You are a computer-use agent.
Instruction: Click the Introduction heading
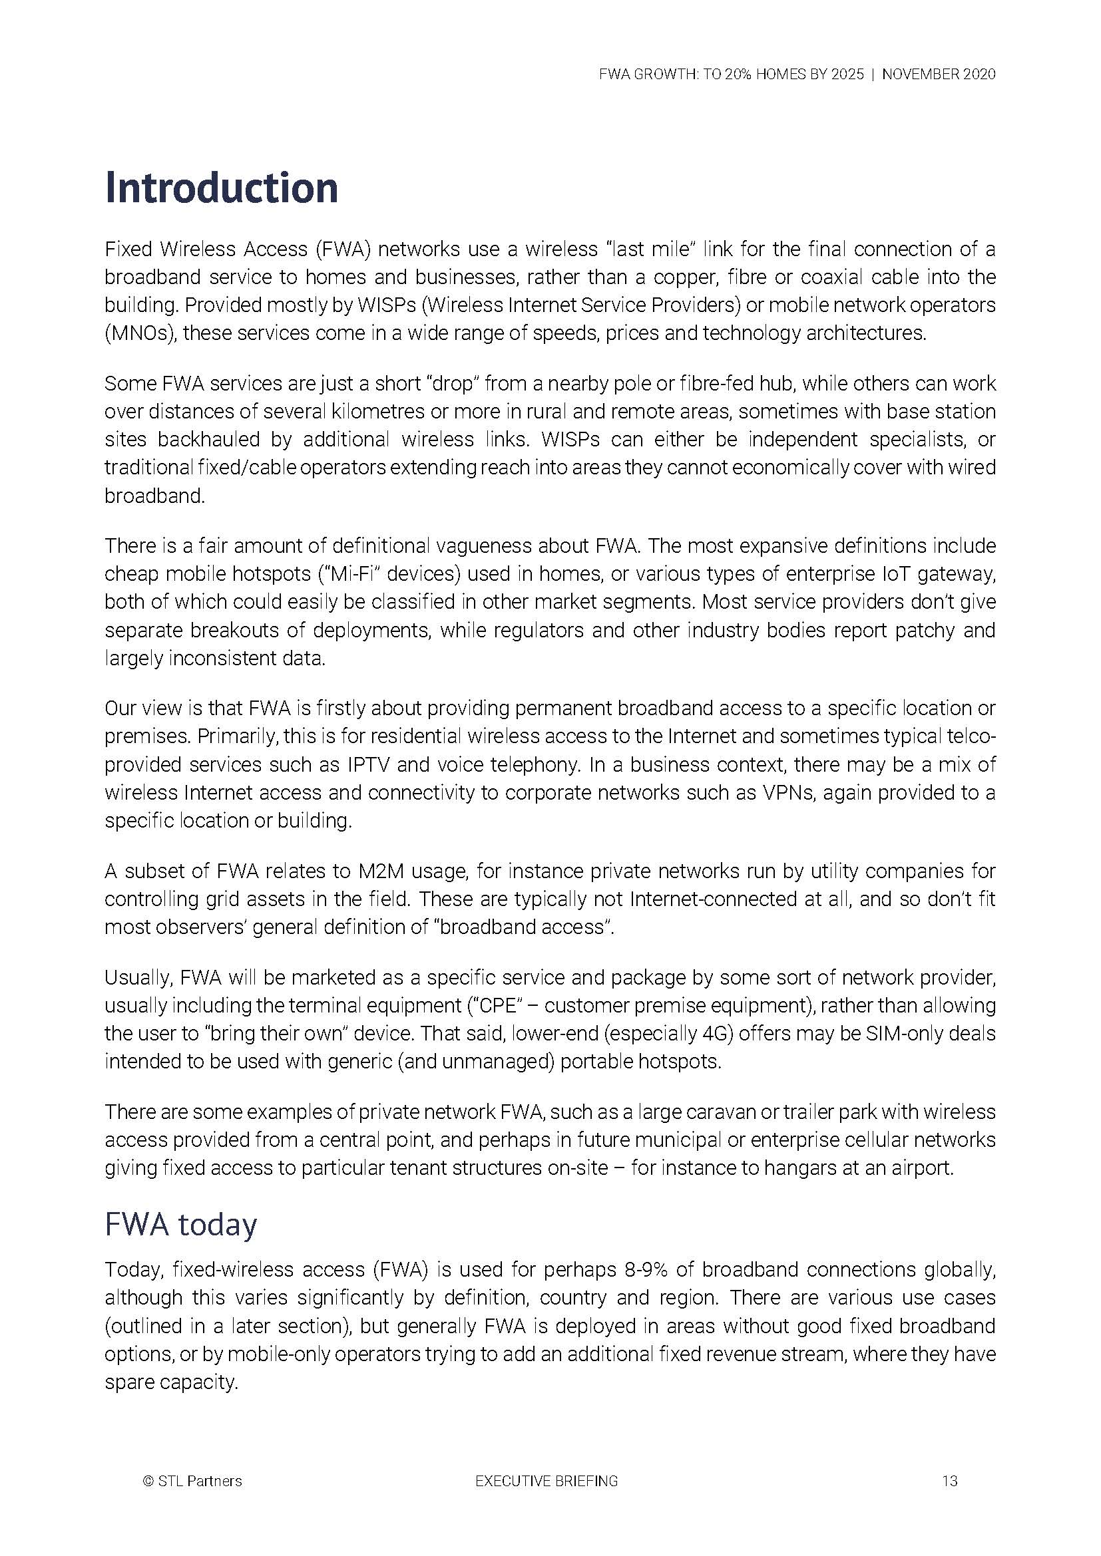221,188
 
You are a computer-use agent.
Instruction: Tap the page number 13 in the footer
949,1481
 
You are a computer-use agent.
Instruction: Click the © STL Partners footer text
192,1481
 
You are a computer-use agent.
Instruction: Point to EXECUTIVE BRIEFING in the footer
547,1481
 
